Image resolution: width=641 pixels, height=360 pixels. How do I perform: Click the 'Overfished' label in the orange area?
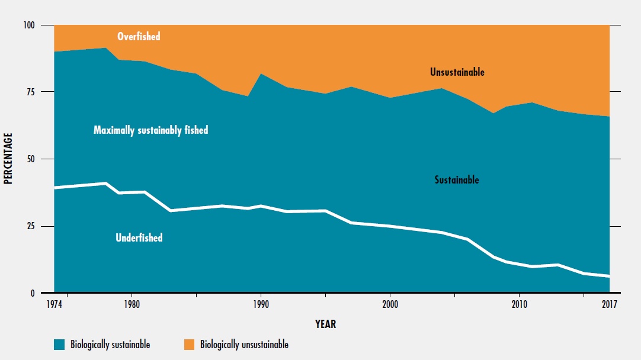[139, 37]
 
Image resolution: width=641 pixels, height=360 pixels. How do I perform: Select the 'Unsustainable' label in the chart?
[457, 72]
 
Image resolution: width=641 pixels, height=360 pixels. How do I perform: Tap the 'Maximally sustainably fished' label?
[150, 130]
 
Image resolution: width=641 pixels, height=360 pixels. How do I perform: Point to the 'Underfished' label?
[139, 238]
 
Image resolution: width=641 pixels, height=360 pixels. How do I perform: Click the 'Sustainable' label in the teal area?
[456, 180]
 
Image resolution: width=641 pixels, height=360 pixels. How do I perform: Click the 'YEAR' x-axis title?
[326, 324]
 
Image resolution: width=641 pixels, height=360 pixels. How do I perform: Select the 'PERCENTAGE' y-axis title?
[8, 159]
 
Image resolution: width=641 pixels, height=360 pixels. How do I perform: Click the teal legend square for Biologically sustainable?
[59, 344]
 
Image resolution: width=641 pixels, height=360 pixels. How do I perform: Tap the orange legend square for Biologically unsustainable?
[189, 344]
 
